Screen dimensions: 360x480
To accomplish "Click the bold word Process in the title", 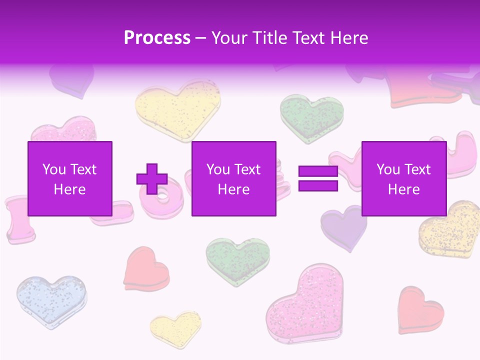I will [x=157, y=38].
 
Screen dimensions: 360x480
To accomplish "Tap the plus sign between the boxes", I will [x=152, y=179].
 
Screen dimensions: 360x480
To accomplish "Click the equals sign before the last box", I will [x=318, y=179].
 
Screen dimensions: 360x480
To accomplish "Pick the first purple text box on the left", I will [x=70, y=178].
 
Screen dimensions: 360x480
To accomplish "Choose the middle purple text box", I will [x=234, y=178].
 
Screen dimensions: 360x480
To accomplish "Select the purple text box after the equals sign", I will [x=403, y=178].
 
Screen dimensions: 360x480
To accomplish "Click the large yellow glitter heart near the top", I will [x=177, y=109].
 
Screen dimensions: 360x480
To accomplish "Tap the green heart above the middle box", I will [x=311, y=116].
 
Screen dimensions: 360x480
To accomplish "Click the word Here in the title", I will [x=349, y=38].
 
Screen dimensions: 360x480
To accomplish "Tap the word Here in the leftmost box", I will [x=70, y=189].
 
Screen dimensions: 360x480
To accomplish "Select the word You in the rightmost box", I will [x=388, y=169].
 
